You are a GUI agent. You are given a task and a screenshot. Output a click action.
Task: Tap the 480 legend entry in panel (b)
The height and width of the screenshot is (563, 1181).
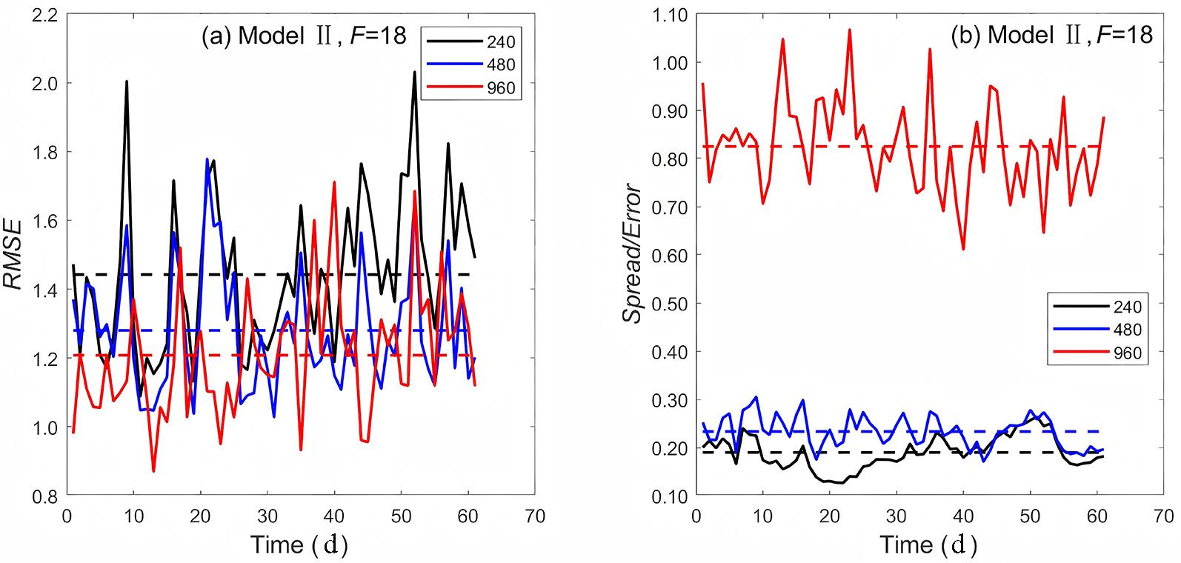coord(1127,330)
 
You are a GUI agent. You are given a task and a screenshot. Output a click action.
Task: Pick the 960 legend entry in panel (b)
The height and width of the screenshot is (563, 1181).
coord(1127,353)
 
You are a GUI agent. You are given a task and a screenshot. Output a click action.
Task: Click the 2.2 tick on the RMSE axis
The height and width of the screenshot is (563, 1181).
coord(45,15)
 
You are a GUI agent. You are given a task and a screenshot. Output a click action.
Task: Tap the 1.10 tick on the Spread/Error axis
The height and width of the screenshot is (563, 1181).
coord(669,15)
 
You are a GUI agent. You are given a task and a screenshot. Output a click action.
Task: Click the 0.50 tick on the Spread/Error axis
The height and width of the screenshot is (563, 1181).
coord(669,303)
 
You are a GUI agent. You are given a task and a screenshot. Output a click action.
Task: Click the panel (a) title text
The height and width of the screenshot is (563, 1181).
coord(304,36)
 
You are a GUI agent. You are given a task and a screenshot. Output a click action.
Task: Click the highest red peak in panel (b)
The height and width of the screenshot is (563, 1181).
coord(850,30)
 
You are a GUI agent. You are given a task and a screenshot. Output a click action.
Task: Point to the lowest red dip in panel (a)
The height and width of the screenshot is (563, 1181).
coord(153,471)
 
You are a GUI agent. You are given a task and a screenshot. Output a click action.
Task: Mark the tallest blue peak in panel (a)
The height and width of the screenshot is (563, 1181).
coord(207,159)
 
